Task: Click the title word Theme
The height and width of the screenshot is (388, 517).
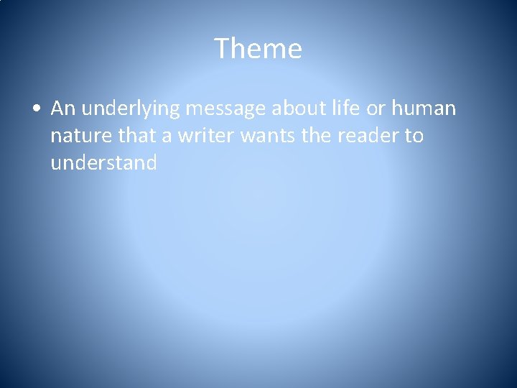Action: click(258, 49)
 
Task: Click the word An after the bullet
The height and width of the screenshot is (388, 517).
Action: click(63, 108)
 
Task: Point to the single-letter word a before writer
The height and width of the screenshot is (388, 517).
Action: click(169, 137)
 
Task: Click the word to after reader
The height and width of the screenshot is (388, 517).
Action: click(414, 136)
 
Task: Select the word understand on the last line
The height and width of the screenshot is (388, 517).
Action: click(103, 163)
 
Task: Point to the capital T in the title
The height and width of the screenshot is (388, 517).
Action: click(222, 49)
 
